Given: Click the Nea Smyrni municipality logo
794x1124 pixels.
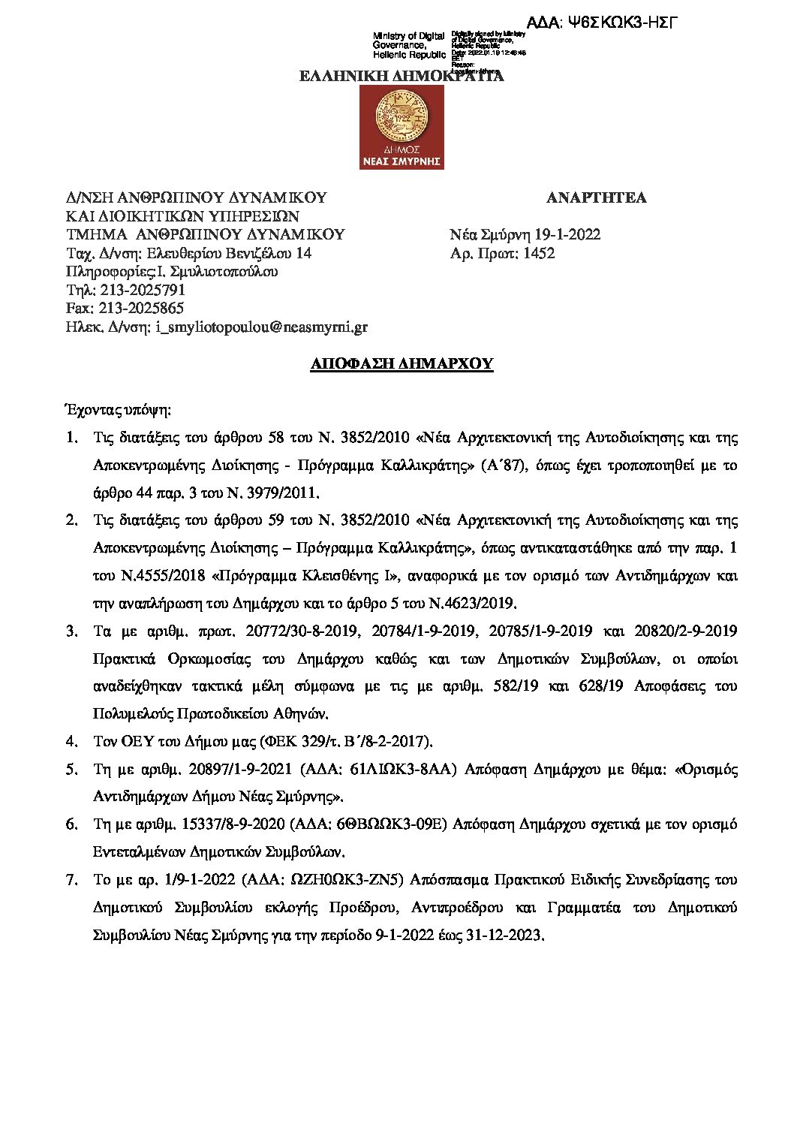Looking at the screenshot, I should point(402,127).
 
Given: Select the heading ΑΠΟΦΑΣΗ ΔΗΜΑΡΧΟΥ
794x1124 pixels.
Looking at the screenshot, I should point(402,364).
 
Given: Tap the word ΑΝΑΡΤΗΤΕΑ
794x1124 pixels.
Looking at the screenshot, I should point(596,198).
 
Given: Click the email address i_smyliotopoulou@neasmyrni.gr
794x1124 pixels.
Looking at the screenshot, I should point(262,327).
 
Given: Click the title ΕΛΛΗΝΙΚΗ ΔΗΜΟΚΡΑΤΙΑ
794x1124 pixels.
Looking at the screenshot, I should point(402,76).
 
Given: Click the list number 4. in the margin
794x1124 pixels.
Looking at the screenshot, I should point(72,742).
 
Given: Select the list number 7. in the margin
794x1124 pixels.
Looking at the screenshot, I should point(72,879).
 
